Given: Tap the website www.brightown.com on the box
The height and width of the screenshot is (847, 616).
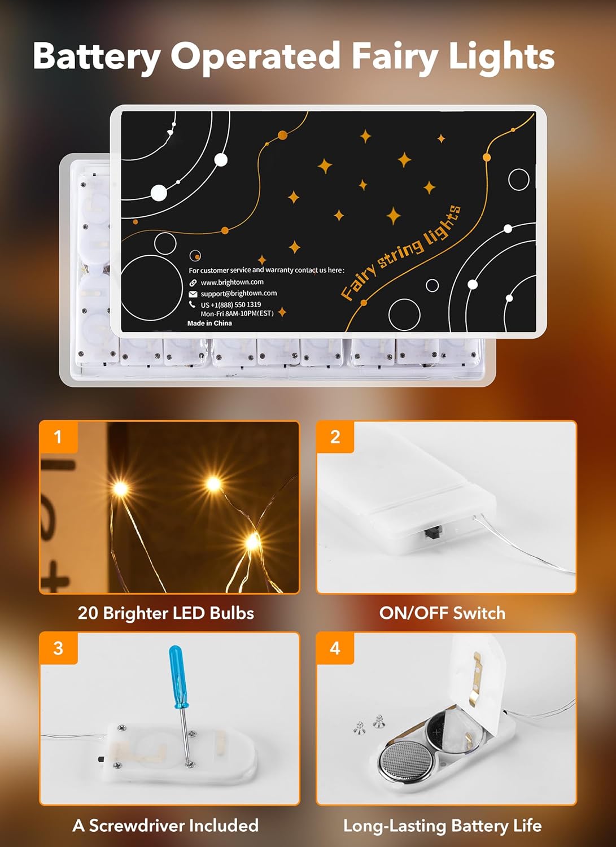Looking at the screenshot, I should [232, 282].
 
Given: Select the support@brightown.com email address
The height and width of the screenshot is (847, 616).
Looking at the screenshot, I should [239, 294].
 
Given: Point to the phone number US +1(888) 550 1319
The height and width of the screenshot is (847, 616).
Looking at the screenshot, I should [231, 305].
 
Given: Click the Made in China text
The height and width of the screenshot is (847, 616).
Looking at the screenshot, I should [209, 324].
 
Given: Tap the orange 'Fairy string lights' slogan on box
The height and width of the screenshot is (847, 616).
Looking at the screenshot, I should [401, 252].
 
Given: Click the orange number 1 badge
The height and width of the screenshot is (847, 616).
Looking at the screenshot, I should [58, 436].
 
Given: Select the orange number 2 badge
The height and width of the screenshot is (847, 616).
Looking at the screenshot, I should [335, 436].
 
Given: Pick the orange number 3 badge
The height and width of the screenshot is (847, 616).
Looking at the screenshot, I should [58, 648].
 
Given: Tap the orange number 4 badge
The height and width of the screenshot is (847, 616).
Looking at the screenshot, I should [335, 648].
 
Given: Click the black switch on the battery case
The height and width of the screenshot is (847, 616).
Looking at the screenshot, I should [432, 532].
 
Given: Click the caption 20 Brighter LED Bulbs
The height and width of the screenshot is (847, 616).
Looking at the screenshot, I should [166, 613].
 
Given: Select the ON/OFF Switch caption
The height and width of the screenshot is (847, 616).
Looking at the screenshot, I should [442, 613].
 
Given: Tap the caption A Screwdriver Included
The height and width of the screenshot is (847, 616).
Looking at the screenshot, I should [165, 826].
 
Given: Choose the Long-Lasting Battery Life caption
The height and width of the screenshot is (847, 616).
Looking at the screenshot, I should [442, 826].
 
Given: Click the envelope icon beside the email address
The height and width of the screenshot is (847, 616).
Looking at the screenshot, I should [193, 294].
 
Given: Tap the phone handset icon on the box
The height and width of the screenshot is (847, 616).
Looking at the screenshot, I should [193, 304].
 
